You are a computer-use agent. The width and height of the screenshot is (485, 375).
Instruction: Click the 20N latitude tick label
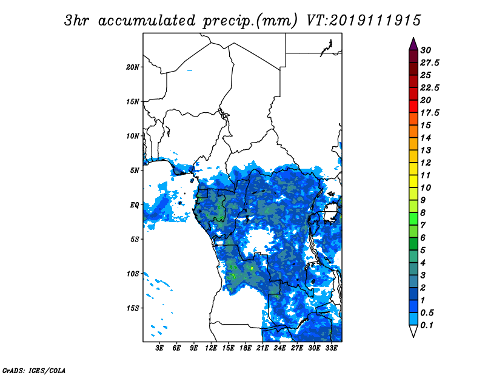133,67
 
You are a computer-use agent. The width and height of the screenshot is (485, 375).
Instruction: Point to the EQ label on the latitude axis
134,205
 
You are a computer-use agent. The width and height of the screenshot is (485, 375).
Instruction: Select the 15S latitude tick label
133,308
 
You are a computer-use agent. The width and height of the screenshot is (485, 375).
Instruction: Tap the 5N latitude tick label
135,171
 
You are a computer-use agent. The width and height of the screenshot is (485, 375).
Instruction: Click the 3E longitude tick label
159,348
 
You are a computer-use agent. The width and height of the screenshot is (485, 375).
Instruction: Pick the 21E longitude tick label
263,348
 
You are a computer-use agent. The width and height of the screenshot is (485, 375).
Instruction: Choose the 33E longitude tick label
331,348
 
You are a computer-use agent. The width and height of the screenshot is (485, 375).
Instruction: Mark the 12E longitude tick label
210,348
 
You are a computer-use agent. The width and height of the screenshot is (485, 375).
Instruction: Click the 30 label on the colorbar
426,50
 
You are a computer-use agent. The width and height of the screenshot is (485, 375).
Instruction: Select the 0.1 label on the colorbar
427,325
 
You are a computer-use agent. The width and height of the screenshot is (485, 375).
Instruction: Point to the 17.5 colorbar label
430,113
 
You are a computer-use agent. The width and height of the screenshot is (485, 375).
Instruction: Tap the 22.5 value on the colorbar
430,87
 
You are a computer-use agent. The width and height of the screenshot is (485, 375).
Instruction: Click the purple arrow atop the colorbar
413,44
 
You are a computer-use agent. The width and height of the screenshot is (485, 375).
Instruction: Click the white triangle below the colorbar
413,331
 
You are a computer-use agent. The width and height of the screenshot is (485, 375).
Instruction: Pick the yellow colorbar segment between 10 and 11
413,181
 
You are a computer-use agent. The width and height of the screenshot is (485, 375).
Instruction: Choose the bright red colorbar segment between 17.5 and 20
413,107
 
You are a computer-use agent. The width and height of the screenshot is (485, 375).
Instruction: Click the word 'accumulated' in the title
147,21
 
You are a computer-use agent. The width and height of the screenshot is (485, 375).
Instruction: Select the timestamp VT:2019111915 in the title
363,21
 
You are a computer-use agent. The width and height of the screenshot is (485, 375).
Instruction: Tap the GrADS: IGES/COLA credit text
34,370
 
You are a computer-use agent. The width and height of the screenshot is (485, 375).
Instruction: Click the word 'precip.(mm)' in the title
250,21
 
